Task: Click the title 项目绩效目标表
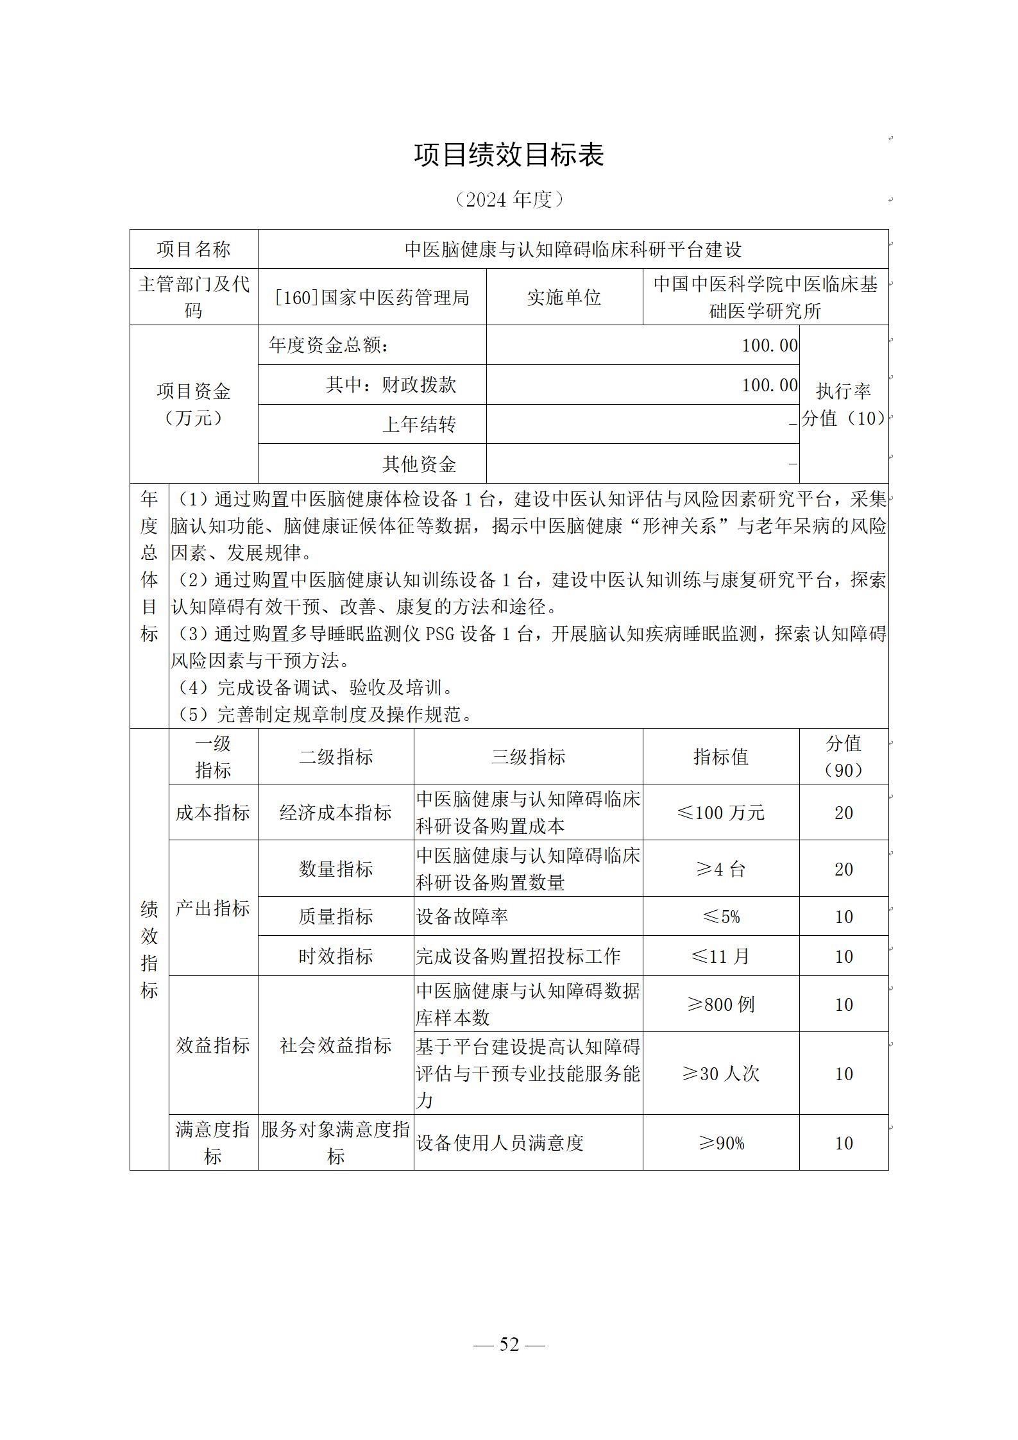(509, 155)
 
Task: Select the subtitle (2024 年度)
(509, 200)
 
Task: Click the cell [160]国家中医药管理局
(371, 298)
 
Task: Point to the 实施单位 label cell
(564, 298)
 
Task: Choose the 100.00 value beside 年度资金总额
(769, 346)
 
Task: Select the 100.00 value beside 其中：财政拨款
(769, 385)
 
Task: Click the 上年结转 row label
(419, 425)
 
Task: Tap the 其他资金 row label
(419, 464)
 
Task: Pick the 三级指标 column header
(528, 757)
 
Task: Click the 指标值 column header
(720, 757)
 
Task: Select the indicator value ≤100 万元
(720, 813)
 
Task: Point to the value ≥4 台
(720, 869)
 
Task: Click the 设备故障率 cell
(462, 917)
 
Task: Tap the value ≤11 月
(720, 956)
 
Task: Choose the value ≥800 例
(720, 1004)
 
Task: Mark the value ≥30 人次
(720, 1074)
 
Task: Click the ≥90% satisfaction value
(720, 1143)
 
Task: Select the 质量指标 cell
(335, 917)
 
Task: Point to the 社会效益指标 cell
(335, 1046)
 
